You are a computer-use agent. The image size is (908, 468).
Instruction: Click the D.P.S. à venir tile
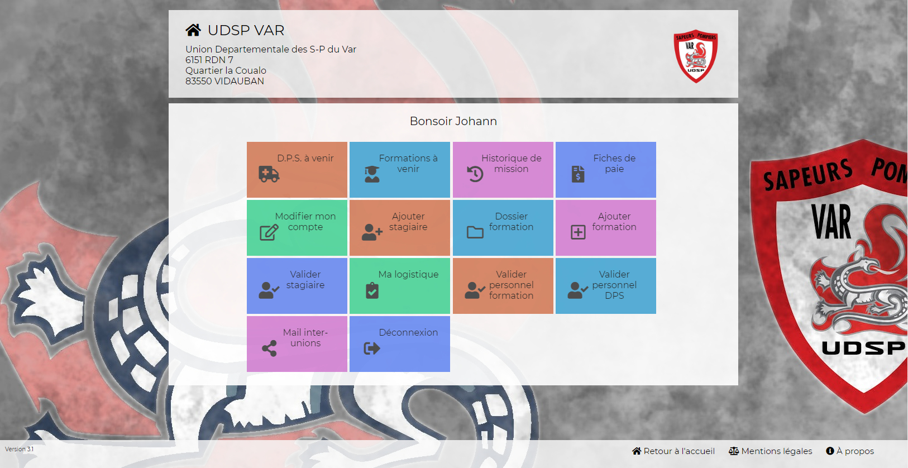coord(297,170)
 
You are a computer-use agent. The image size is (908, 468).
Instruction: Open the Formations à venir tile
coord(400,170)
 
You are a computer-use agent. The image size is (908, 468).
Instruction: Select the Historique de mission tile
coord(503,170)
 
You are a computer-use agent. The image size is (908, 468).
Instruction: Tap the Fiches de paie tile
coord(605,170)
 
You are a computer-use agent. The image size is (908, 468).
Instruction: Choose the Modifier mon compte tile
coord(297,227)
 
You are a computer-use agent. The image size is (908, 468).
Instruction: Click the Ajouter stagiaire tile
coord(400,227)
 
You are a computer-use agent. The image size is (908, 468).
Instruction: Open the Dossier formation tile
coord(503,227)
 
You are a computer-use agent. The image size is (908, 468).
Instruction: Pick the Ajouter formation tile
coord(605,227)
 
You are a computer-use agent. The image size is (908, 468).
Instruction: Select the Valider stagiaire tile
coord(297,286)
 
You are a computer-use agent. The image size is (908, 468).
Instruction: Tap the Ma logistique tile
coord(400,286)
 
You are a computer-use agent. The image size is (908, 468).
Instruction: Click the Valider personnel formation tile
coord(503,286)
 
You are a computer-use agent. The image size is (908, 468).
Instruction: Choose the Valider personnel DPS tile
coord(605,286)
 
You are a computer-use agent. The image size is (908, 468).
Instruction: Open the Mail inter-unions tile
coord(297,344)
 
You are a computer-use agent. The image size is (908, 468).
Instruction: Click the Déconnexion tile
coord(400,344)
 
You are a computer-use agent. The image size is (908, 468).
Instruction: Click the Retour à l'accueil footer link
coord(673,451)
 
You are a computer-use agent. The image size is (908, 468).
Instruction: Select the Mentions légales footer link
coord(770,451)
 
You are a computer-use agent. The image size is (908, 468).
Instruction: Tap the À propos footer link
coord(850,451)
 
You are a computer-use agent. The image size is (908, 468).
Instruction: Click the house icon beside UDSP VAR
coord(193,30)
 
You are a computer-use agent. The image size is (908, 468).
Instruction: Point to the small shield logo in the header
coord(696,56)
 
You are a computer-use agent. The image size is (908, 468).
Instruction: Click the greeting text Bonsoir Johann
coord(453,121)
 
